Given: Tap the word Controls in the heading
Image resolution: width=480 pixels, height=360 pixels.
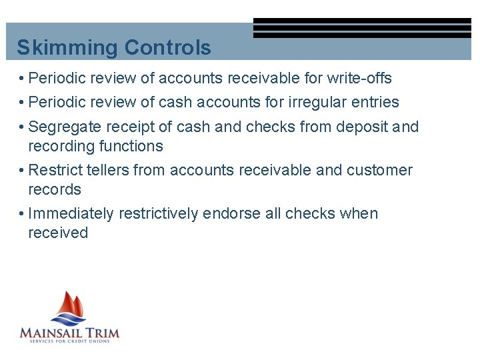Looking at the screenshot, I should (167, 48).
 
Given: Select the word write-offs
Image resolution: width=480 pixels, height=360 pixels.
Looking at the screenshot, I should (359, 78).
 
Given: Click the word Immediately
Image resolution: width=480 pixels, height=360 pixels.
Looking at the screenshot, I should (71, 213).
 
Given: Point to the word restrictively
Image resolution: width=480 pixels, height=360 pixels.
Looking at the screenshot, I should (158, 213).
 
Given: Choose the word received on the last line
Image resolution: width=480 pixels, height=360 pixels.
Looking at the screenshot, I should (58, 233).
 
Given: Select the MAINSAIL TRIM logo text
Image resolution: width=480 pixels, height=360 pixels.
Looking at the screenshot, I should (69, 331).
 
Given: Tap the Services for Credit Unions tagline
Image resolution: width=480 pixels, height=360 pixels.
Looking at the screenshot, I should (69, 341).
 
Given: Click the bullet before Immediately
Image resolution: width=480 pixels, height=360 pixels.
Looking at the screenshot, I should (22, 214).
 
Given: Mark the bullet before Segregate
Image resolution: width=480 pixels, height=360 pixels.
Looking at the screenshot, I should (22, 127).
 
